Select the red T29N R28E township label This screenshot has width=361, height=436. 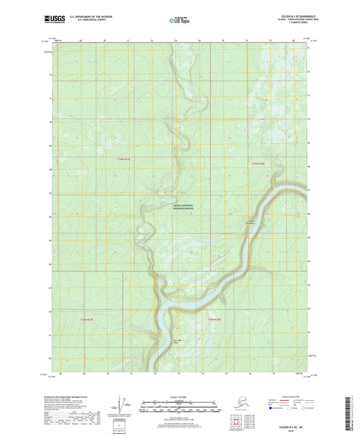pos(253,163)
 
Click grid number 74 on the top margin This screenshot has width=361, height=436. pos(199,41)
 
